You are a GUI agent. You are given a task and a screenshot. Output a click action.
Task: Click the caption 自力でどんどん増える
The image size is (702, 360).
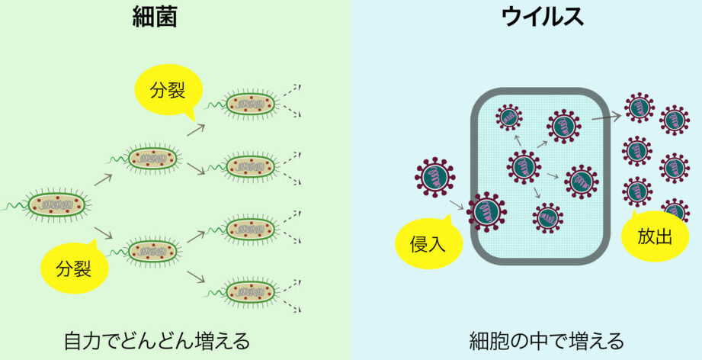[x=156, y=339]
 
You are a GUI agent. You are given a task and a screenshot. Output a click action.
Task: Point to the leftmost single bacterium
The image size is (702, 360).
[x=58, y=204]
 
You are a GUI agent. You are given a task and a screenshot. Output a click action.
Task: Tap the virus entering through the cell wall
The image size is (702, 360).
[x=486, y=211]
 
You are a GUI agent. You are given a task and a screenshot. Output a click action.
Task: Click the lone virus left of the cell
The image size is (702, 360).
[x=435, y=176]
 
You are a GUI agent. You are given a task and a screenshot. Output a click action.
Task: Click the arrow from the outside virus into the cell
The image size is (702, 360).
[x=458, y=202]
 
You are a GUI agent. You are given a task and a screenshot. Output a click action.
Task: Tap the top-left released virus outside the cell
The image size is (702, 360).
[x=639, y=108]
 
